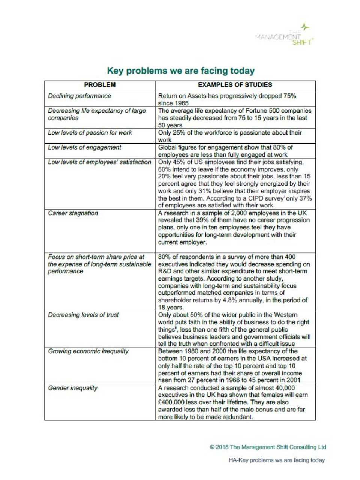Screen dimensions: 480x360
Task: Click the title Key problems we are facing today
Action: point(181,70)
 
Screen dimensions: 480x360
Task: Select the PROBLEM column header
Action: point(100,85)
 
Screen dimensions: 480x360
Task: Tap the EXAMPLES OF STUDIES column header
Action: point(235,85)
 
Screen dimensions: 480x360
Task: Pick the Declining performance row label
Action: point(79,96)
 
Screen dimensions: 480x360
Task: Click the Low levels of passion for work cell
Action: point(90,133)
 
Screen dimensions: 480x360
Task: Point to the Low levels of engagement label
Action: point(84,147)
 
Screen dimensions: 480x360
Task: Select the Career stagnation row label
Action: point(73,213)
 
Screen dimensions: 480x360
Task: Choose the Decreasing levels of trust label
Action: point(83,315)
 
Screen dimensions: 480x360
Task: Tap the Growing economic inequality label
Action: point(88,351)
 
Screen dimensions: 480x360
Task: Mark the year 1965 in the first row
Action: point(181,103)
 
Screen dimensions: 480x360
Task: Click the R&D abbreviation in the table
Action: point(165,271)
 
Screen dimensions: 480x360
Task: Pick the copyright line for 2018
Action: point(268,447)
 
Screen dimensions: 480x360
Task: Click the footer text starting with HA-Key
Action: point(276,460)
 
